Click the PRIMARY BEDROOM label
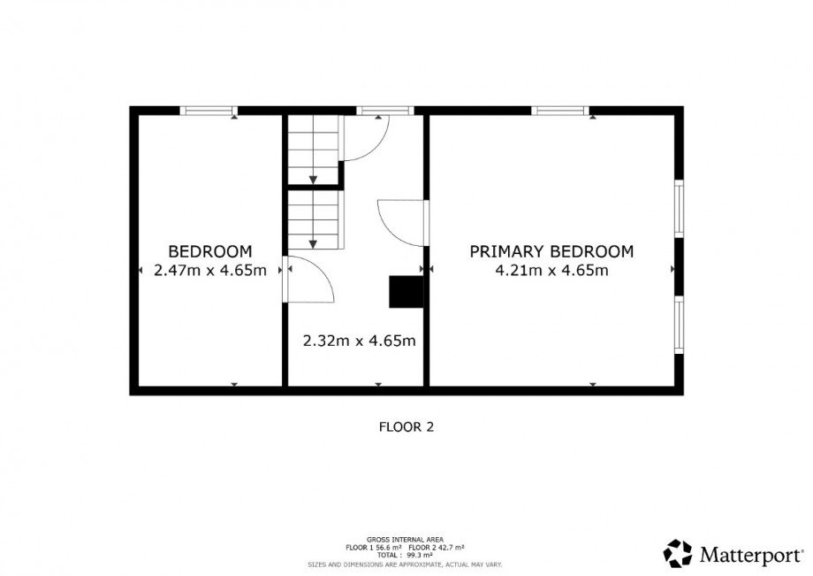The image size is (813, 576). click(x=551, y=251)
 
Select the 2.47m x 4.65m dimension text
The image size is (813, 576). click(x=210, y=271)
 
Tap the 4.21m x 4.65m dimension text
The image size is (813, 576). click(x=551, y=271)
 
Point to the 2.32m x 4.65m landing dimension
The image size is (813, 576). click(x=360, y=341)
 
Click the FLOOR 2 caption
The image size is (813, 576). click(x=406, y=427)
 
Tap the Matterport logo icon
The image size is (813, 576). click(x=678, y=554)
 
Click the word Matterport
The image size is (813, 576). click(x=750, y=555)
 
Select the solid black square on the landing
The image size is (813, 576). click(x=406, y=292)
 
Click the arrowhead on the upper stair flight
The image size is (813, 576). click(x=313, y=180)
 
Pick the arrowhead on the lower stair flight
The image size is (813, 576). click(x=313, y=244)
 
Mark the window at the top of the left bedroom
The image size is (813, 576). click(x=209, y=111)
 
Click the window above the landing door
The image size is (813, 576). click(x=385, y=111)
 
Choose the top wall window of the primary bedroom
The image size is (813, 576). click(x=560, y=111)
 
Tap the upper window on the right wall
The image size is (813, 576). click(x=679, y=209)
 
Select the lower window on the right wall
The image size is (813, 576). click(x=679, y=325)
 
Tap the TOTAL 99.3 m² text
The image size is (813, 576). click(x=406, y=556)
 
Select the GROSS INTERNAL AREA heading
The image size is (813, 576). click(x=405, y=540)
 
